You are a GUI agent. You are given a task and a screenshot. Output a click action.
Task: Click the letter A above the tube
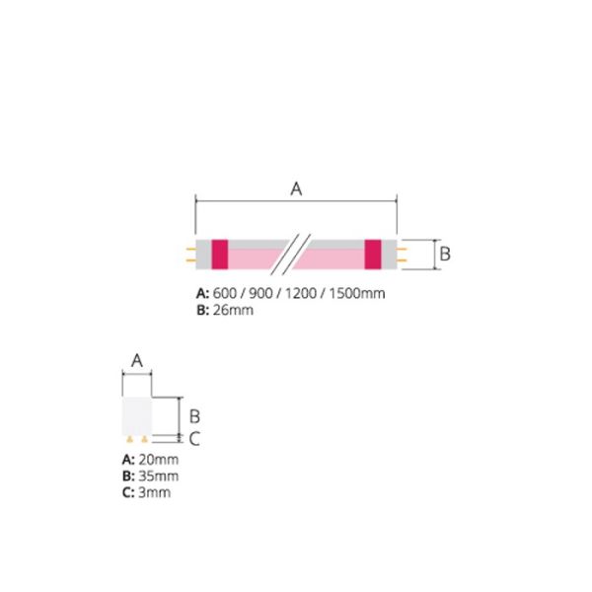tap(295, 189)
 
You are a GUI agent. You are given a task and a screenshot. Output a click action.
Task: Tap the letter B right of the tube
tap(444, 254)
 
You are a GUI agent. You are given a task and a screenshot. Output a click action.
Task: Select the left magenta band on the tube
tap(220, 254)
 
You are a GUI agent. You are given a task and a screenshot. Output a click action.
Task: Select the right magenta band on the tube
tap(373, 254)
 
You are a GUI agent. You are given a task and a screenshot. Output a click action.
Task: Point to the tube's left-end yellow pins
tap(190, 254)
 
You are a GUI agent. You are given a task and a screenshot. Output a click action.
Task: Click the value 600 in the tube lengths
tap(225, 294)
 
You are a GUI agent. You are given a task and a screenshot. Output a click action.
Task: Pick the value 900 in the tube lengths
tap(258, 294)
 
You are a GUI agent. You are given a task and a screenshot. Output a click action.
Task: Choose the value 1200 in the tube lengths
tap(294, 294)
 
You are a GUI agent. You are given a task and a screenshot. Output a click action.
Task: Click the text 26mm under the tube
tap(233, 310)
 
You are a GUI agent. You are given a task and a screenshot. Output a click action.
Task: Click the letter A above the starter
tap(137, 361)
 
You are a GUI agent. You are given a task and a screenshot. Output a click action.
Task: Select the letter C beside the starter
tap(194, 439)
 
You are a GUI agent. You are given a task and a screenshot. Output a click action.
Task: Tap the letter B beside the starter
tap(194, 414)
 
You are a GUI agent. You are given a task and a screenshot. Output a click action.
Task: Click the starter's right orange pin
tap(146, 438)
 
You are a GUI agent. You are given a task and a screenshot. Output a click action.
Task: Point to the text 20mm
tap(158, 460)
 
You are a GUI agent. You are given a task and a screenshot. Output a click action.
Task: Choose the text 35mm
tap(158, 476)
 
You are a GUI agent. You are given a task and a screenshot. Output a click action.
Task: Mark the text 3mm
tap(154, 491)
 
